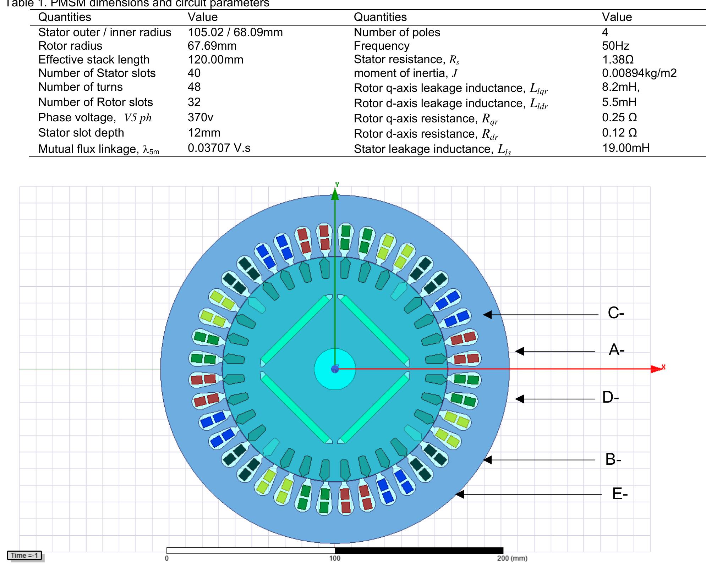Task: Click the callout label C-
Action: pos(615,313)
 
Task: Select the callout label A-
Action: pos(616,350)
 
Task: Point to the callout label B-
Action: pos(613,459)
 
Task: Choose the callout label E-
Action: pos(620,494)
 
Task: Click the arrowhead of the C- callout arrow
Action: pos(487,314)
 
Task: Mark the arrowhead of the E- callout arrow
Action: pos(460,494)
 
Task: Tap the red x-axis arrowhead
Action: pos(657,369)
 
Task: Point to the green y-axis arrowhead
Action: pos(335,194)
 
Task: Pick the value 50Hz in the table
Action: pos(615,46)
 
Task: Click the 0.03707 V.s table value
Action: pos(219,148)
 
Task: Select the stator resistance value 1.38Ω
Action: pos(618,59)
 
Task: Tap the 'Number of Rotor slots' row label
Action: pos(95,102)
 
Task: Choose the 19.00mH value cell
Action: pos(625,148)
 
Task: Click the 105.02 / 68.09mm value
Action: pos(235,32)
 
